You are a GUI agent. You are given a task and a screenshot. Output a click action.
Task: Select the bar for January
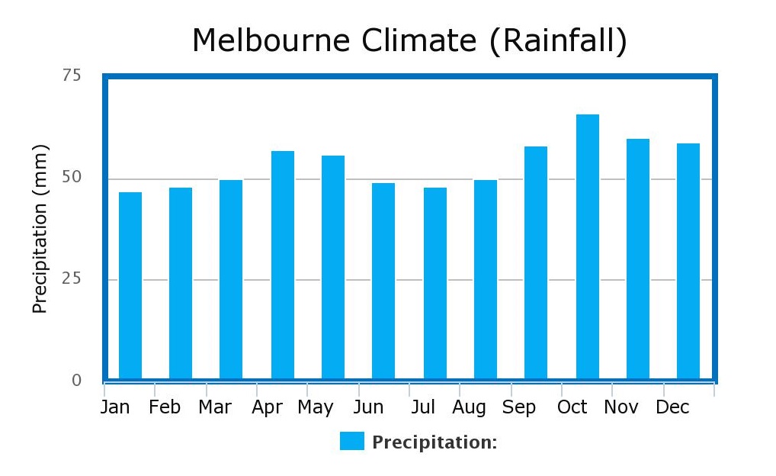tap(130, 285)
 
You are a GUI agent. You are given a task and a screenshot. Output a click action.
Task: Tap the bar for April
tap(283, 265)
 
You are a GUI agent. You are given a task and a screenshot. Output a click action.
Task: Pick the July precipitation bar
tap(435, 283)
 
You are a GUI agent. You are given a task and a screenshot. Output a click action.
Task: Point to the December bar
tap(688, 261)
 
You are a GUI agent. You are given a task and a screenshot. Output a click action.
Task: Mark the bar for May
tap(333, 267)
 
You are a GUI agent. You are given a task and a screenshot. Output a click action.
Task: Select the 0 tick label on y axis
tap(76, 380)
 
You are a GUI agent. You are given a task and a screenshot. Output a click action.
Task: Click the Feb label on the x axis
tap(165, 407)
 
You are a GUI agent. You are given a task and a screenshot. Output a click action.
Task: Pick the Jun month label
tap(368, 407)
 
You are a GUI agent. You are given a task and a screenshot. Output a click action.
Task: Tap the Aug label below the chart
tap(469, 407)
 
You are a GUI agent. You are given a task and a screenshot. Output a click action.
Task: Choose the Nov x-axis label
tap(620, 407)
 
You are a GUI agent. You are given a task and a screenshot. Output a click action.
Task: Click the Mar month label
tap(214, 407)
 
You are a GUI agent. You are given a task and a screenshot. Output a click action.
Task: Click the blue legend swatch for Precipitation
tap(352, 441)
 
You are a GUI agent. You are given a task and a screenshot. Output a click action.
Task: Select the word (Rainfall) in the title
tap(558, 40)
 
